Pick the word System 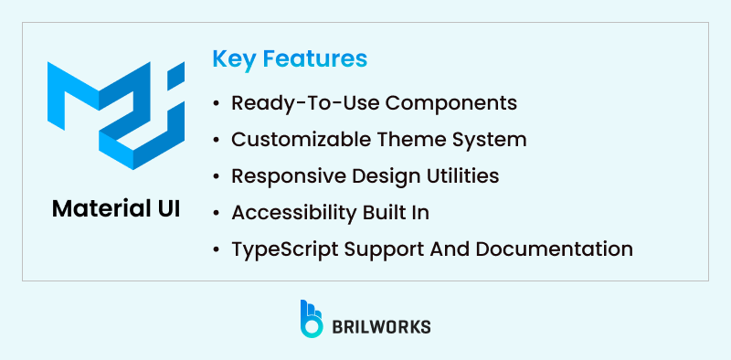[491, 140]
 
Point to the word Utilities [459, 176]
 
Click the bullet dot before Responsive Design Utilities [216, 176]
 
